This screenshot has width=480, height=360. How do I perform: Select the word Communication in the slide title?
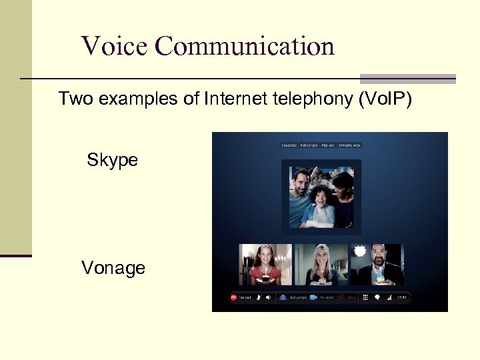point(245,46)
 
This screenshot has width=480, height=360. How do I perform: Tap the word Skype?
point(112,160)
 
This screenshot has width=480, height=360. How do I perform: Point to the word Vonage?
point(113,268)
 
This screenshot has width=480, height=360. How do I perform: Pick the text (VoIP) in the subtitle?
point(385,99)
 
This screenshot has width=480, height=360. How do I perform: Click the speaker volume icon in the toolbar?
point(268,298)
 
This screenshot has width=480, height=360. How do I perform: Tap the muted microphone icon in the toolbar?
point(257,298)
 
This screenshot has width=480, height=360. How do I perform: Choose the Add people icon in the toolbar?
point(283,298)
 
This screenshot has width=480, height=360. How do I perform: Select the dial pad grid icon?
point(365,298)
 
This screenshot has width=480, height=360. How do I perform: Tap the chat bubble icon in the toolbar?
point(377,298)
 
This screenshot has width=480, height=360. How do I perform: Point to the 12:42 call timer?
point(402,298)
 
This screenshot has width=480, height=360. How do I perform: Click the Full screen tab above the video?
point(308,145)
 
